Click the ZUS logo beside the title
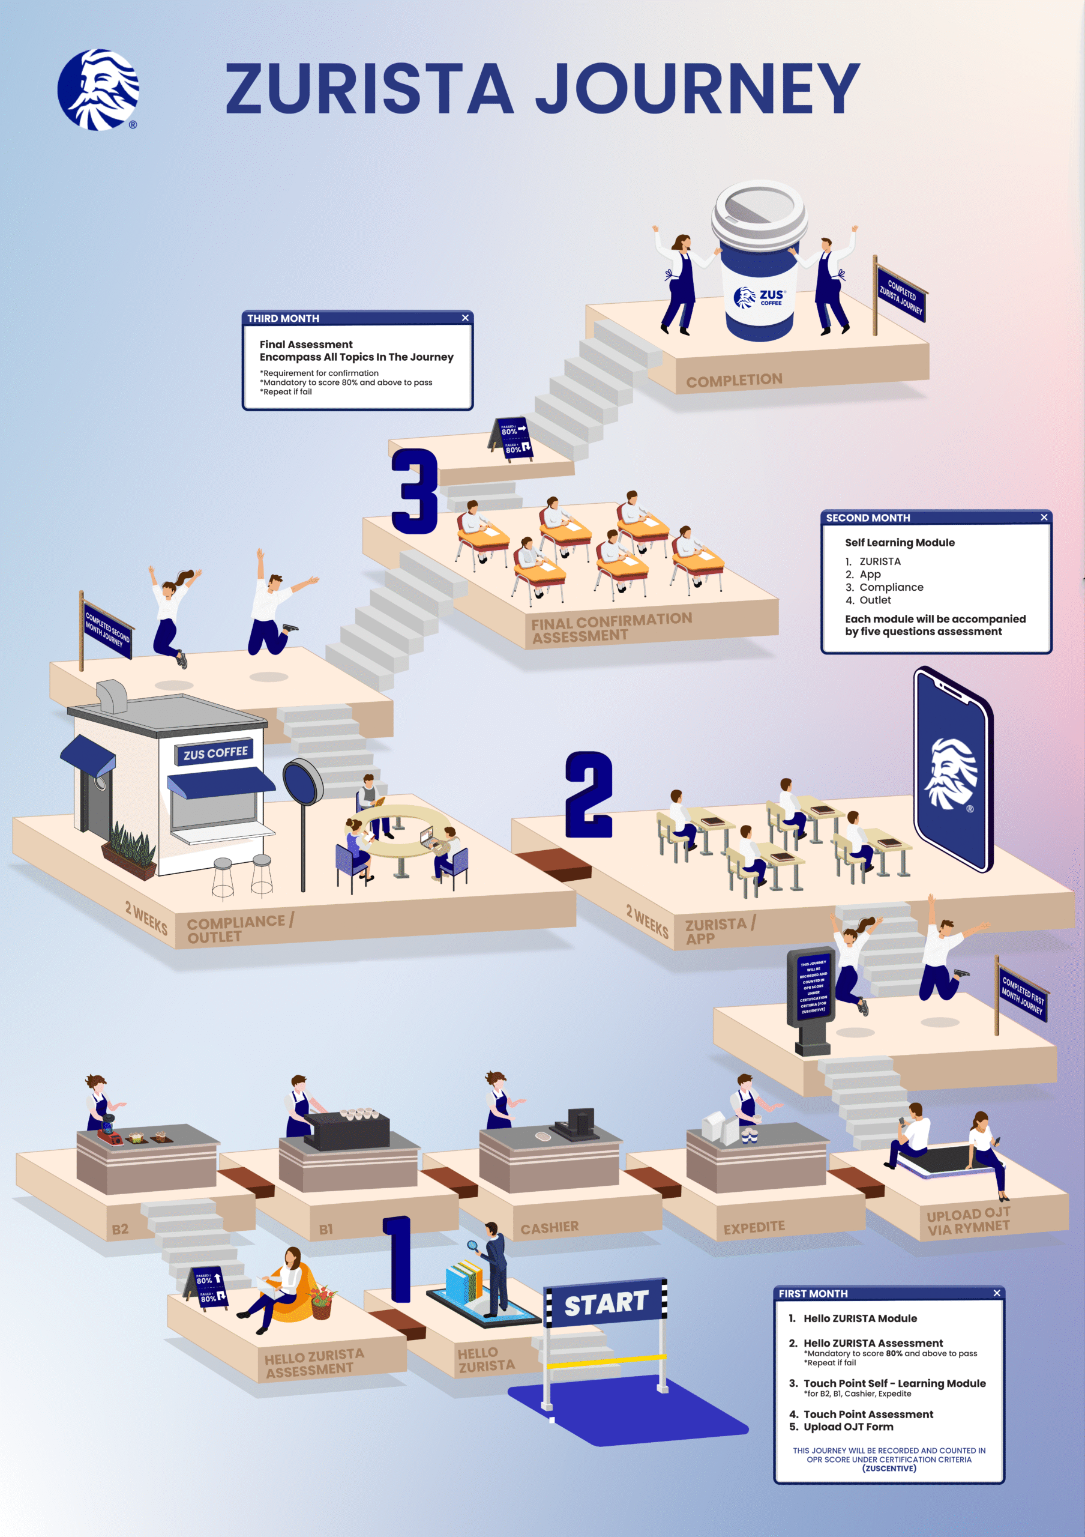[x=98, y=89]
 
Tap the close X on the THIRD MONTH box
[x=465, y=318]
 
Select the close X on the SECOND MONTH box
[x=1044, y=518]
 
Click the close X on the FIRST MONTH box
[x=997, y=1293]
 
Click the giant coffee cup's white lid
[x=759, y=213]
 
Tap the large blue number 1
[x=398, y=1258]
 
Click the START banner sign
[x=606, y=1303]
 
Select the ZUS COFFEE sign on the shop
[x=215, y=753]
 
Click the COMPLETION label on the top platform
[x=734, y=380]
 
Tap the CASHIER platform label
[x=549, y=1228]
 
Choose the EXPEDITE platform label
[x=754, y=1227]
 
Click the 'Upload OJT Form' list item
[x=847, y=1427]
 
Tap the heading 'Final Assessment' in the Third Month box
[x=305, y=344]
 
